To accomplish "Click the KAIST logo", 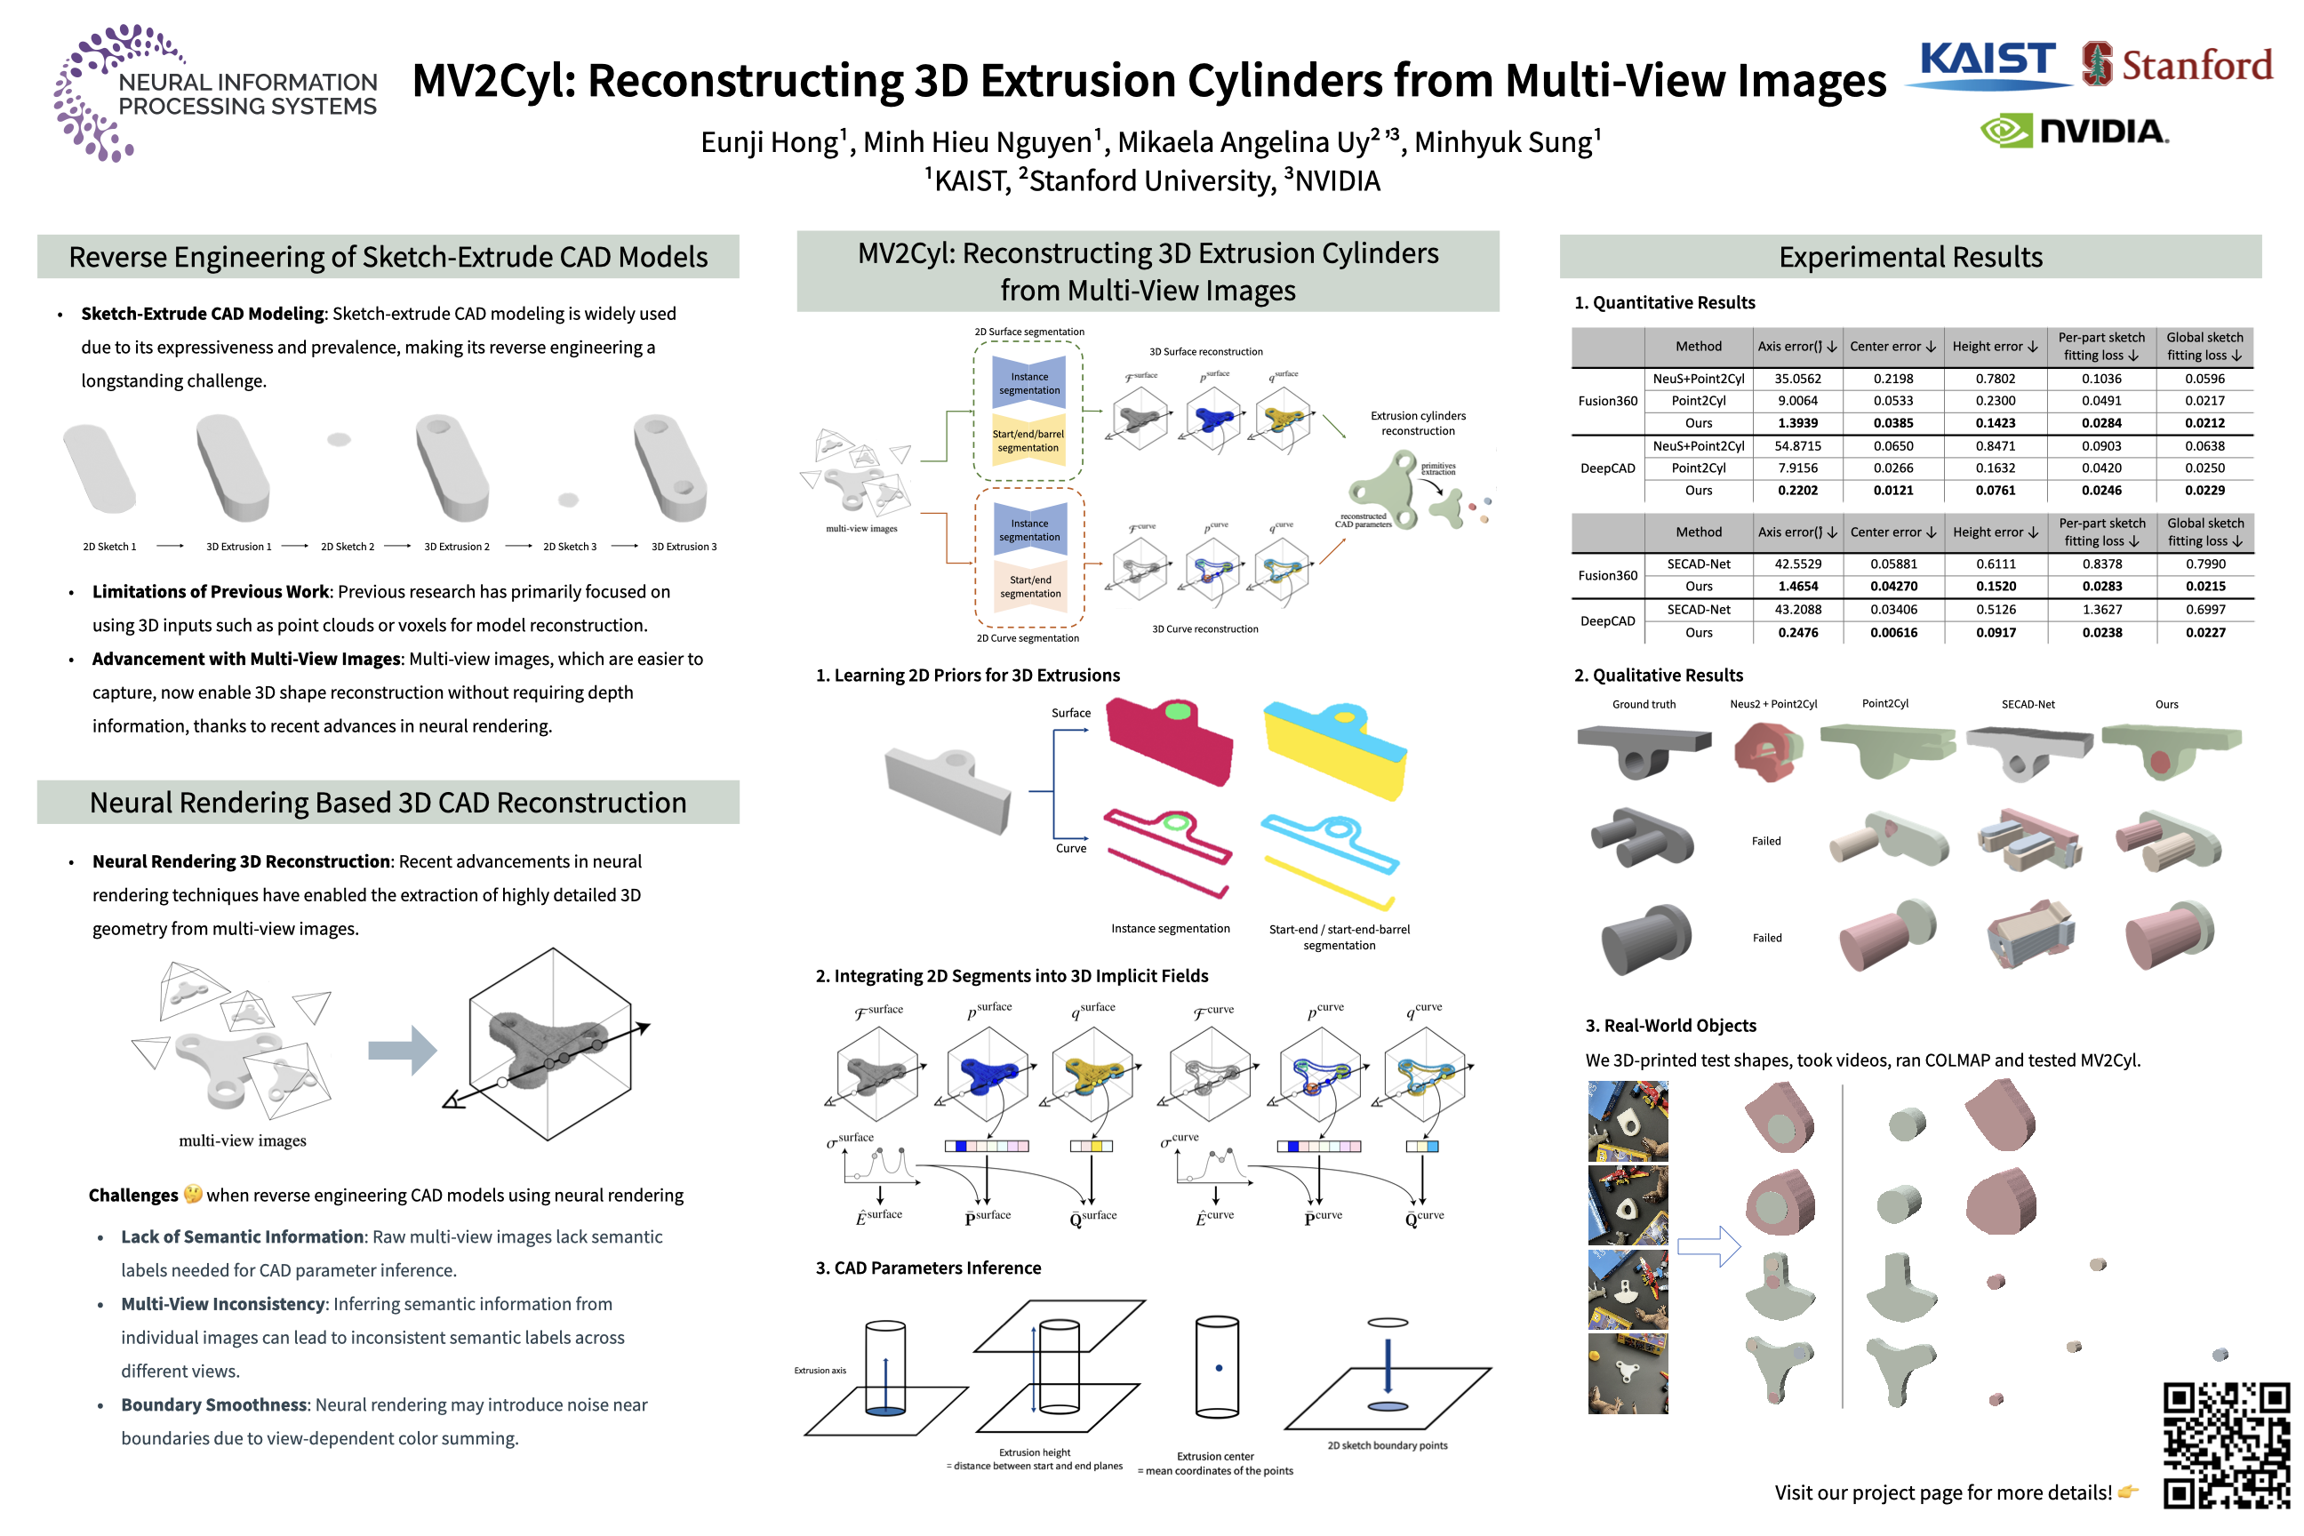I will coord(1988,64).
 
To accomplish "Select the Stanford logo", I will coord(2177,65).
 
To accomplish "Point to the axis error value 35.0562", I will coord(1797,379).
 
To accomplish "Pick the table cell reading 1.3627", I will coord(2102,609).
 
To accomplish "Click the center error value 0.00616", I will coord(1893,633).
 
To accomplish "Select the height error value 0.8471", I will coord(1996,445).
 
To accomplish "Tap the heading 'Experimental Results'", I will coord(1910,258).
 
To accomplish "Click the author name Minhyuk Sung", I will coord(1506,143).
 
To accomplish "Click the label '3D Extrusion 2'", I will coord(457,547).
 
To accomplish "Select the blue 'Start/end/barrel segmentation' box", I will coord(1028,441).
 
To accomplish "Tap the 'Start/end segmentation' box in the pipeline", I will coord(1029,587).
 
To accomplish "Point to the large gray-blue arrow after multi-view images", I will coord(402,1050).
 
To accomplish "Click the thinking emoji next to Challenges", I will coord(193,1194).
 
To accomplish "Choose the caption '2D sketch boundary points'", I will coord(1387,1445).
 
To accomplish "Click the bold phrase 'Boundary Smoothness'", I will coord(213,1404).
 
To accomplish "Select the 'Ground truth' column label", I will coord(1644,704).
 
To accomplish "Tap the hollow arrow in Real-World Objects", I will coord(1708,1247).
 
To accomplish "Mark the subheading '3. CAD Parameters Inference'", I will coord(928,1268).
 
